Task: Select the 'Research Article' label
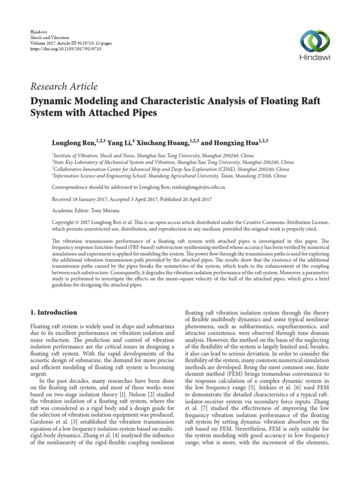point(64,86)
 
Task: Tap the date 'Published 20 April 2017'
point(187,198)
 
